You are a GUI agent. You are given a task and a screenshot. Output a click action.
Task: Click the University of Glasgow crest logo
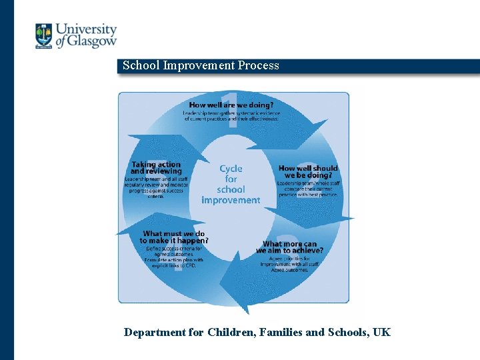43,35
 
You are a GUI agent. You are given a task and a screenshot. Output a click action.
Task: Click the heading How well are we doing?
231,105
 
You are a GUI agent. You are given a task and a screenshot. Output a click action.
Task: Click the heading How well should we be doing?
308,172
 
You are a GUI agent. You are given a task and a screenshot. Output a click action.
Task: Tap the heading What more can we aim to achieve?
290,247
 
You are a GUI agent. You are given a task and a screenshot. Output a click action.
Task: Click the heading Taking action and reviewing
156,168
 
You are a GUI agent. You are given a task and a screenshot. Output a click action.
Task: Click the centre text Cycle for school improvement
231,185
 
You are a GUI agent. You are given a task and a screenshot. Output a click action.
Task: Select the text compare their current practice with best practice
308,191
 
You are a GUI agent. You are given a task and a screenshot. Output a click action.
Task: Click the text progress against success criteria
155,193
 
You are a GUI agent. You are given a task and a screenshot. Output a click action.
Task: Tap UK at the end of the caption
382,332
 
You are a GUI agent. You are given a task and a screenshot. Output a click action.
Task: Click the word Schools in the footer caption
347,332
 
